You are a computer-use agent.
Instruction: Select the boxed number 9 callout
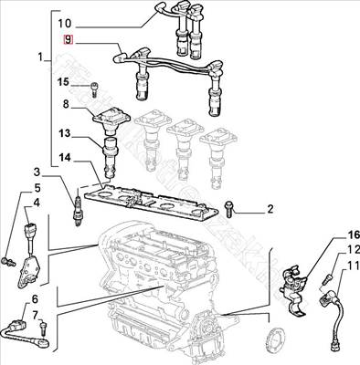pos(66,40)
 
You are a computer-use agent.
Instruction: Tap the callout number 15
pos(64,83)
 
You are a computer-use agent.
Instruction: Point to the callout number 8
pos(66,106)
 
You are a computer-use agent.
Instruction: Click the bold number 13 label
pos(64,135)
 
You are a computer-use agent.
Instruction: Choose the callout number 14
pos(64,159)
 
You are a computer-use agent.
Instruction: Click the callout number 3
pos(36,172)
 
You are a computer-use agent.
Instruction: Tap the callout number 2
pos(270,210)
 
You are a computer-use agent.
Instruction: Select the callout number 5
pos(36,187)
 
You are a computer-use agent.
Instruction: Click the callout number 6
pos(35,299)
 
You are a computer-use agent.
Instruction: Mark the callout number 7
pos(35,316)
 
